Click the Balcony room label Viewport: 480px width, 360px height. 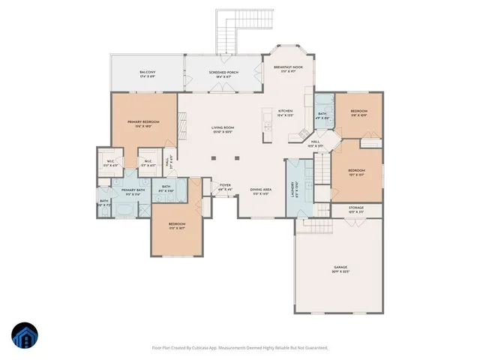pos(146,72)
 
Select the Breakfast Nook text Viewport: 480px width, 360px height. pos(288,67)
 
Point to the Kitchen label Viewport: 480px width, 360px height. pos(285,112)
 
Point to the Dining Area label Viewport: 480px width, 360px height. pos(261,189)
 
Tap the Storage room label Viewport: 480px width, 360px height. pos(355,208)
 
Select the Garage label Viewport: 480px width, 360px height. pos(340,267)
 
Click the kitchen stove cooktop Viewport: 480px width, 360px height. pos(267,119)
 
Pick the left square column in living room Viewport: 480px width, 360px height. pos(214,158)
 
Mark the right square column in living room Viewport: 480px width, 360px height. pos(237,158)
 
